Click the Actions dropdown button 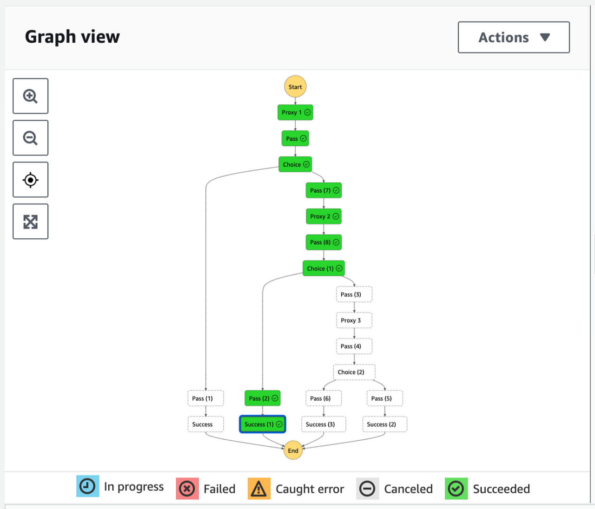514,37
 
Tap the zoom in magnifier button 31,96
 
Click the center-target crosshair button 31,180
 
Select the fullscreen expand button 31,222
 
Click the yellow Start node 295,86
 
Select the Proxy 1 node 295,112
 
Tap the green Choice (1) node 324,268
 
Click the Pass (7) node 324,190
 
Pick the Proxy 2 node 324,216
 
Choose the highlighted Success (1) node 263,424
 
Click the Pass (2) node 263,398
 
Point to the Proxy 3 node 354,320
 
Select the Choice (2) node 354,372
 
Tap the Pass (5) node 384,398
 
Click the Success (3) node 324,424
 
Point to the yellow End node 293,450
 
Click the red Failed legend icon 187,489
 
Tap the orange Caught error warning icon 259,489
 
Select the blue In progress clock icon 88,486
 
